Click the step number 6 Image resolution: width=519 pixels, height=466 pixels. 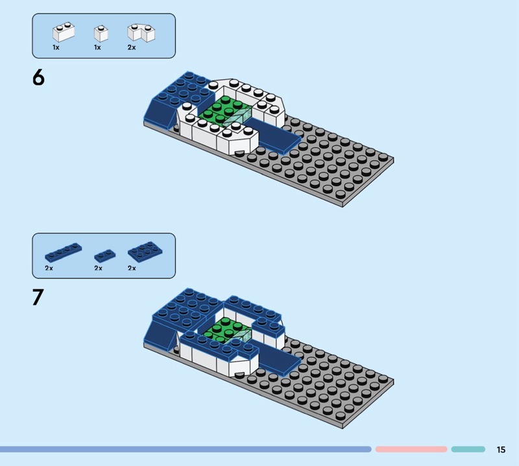tap(38, 77)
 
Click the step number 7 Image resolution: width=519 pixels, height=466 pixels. tap(38, 297)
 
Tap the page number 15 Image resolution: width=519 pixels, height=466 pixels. tap(501, 449)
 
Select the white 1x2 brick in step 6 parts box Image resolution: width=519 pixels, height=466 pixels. tap(64, 32)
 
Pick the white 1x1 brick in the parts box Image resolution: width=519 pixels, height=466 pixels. tap(101, 34)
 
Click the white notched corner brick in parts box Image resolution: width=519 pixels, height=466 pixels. tap(141, 32)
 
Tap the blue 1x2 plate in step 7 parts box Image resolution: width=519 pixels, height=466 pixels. tap(105, 256)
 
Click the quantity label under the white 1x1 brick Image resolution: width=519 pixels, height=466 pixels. tap(97, 47)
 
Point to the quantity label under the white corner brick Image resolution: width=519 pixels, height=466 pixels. tap(132, 47)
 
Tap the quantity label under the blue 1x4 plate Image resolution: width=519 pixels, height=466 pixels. tap(49, 268)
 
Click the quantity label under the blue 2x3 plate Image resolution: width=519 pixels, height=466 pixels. tap(132, 268)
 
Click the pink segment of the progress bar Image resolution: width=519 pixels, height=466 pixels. tap(411, 449)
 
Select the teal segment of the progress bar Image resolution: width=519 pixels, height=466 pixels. tap(468, 449)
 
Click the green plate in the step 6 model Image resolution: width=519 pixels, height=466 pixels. tap(221, 110)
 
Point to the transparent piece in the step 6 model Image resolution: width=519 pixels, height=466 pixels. tap(237, 118)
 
